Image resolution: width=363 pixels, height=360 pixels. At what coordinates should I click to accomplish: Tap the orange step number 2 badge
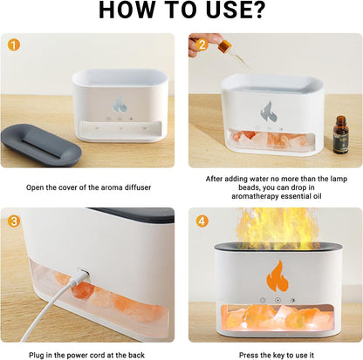coord(201,44)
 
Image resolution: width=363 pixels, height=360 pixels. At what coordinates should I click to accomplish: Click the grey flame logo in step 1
coord(119,105)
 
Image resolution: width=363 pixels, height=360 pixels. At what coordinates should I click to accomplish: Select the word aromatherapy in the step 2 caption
coord(239,196)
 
